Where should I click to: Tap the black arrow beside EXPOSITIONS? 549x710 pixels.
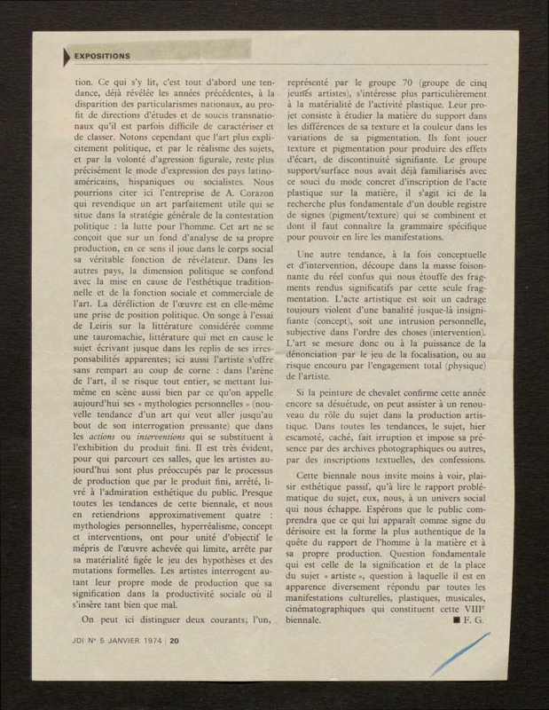coord(65,56)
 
